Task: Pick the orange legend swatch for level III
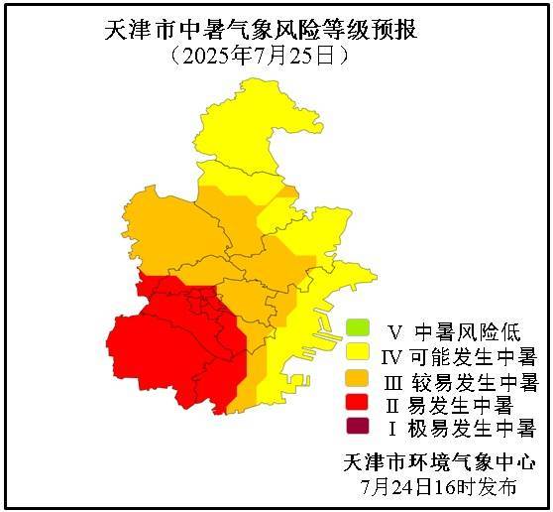coord(358,379)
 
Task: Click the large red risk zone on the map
coord(168,347)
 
